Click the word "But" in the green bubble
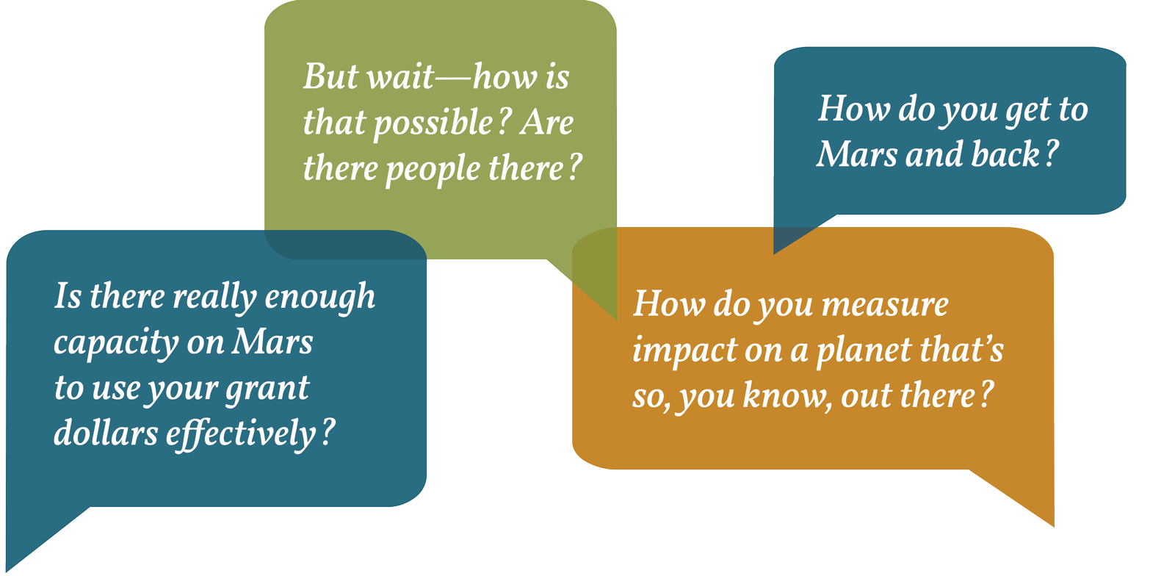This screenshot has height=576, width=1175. (332, 77)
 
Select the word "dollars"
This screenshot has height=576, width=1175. (106, 433)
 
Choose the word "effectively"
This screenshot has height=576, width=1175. (242, 434)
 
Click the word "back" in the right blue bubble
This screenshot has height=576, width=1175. (1005, 154)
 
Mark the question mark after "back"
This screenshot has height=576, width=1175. (1052, 154)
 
